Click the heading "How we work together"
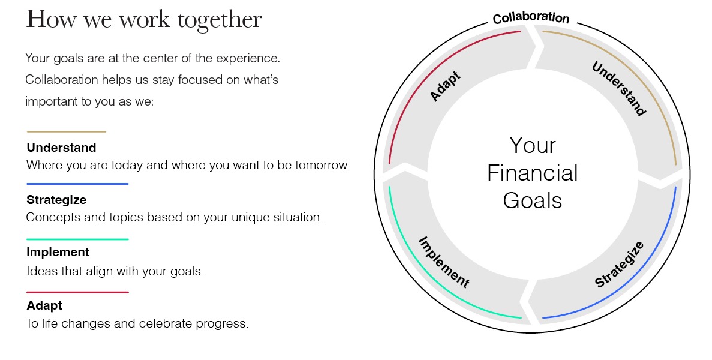(x=143, y=20)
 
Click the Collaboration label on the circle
(x=531, y=18)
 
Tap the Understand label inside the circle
(x=619, y=89)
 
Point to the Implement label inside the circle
(x=444, y=262)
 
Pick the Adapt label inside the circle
(x=445, y=86)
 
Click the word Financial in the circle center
(x=532, y=173)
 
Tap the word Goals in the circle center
(x=532, y=200)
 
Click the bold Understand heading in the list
(x=61, y=148)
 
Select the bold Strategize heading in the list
(x=56, y=200)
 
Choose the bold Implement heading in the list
(x=58, y=252)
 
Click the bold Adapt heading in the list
(x=44, y=305)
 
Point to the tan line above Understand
(x=67, y=131)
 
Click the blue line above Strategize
(x=77, y=184)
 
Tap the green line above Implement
(x=77, y=239)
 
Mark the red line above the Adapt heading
(x=77, y=292)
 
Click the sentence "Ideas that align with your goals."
(x=115, y=271)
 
